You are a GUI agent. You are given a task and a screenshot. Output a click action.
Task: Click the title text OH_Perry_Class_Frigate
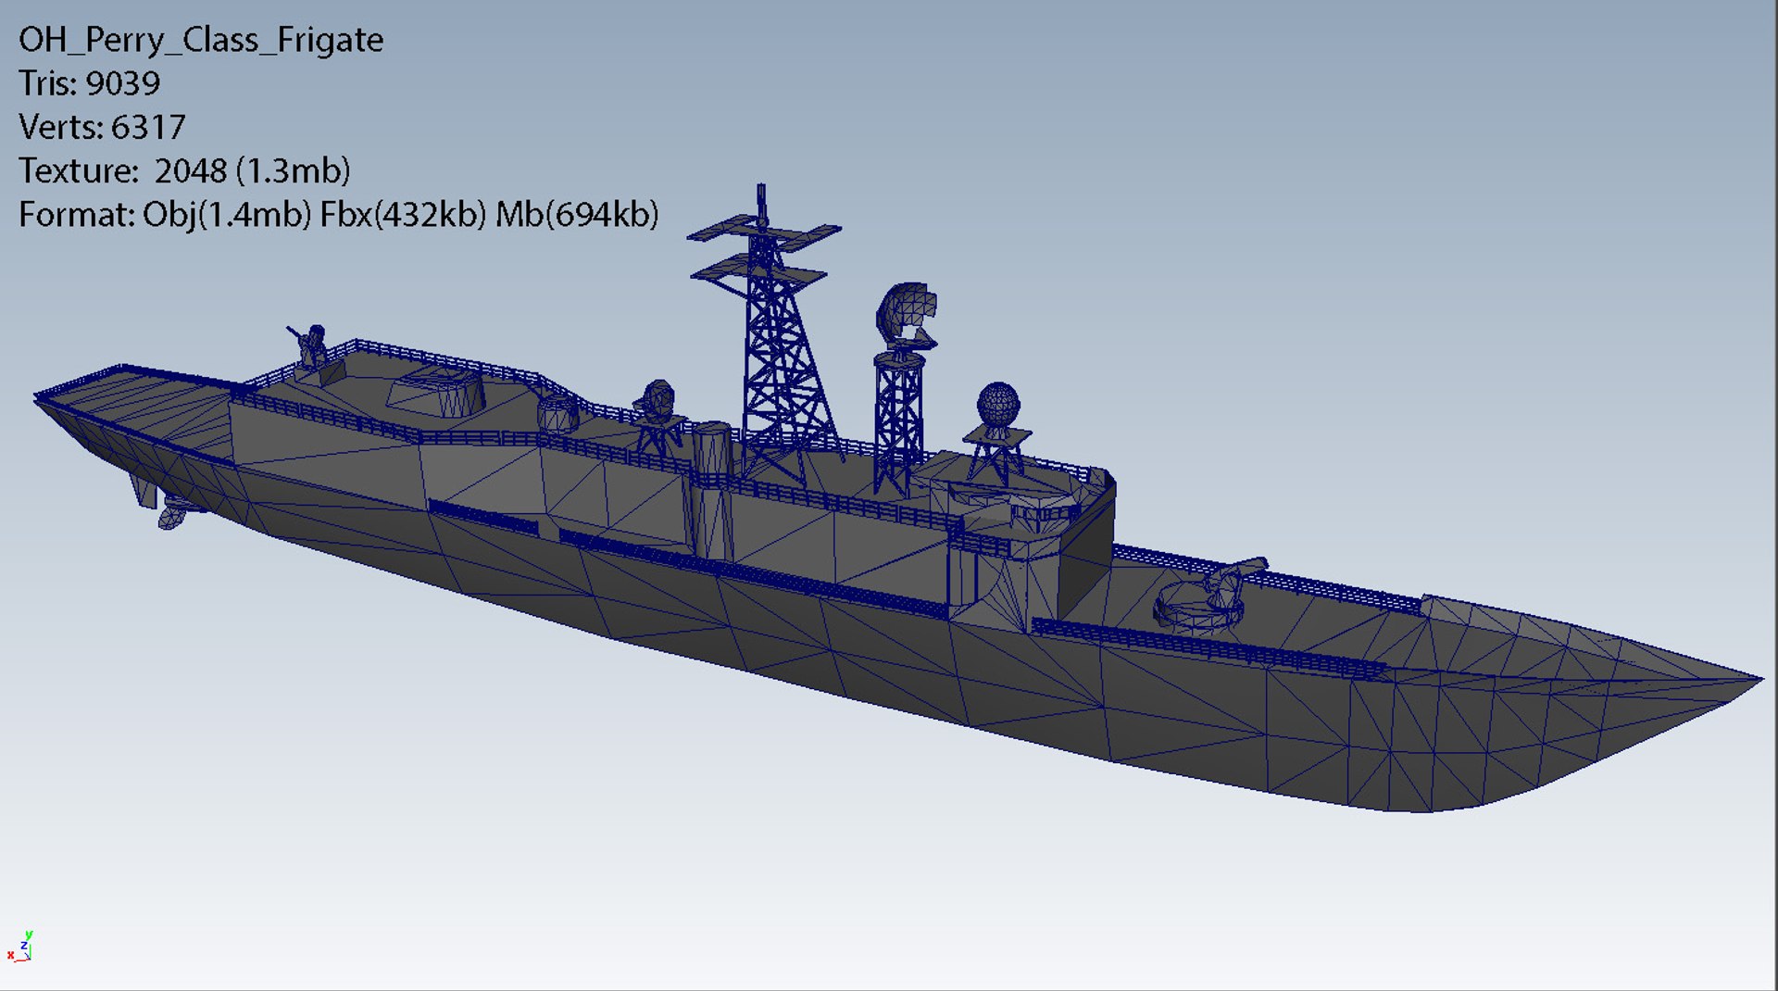(201, 40)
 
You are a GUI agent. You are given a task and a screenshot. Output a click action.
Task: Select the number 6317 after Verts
(148, 127)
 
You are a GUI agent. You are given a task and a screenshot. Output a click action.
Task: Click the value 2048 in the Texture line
(190, 170)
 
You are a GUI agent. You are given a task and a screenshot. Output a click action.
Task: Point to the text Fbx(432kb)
(403, 214)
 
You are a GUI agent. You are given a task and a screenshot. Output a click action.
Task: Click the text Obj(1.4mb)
(227, 214)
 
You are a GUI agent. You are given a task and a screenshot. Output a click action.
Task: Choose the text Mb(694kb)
(577, 214)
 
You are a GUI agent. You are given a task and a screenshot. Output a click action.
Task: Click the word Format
(76, 214)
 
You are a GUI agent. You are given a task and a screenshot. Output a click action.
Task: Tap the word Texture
(78, 170)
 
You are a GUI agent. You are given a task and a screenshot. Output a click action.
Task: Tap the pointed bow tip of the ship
(1758, 680)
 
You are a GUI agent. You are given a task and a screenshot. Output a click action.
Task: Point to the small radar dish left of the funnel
(657, 400)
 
